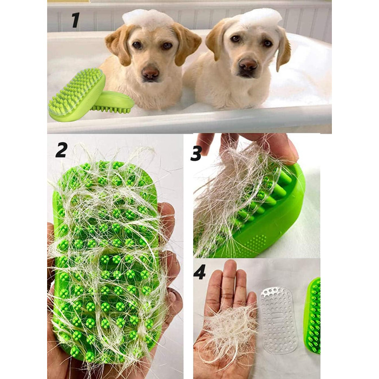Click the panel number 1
76,20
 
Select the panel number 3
196,154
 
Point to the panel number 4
199,272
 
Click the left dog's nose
150,72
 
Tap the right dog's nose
248,64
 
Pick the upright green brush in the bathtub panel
77,95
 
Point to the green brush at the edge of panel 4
313,316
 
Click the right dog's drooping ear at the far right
284,48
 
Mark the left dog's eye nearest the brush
138,45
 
